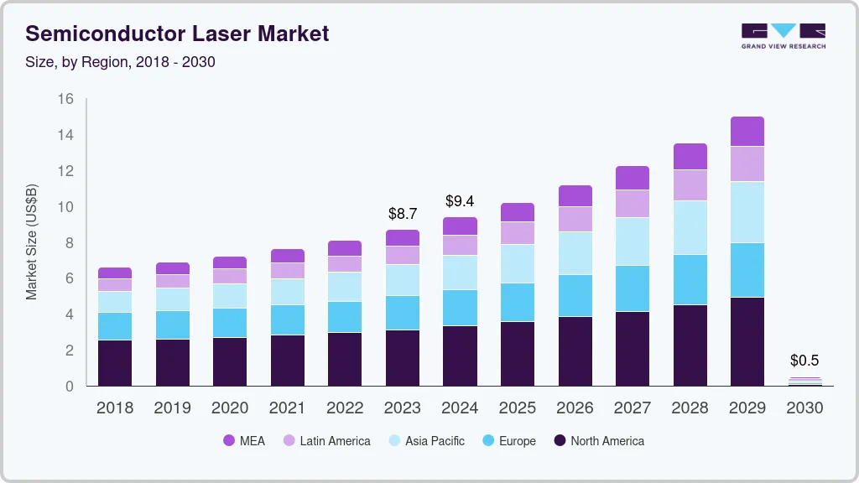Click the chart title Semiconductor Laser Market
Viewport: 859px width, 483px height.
[177, 34]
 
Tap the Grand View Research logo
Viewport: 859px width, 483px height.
[783, 35]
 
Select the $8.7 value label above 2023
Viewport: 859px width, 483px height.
[403, 214]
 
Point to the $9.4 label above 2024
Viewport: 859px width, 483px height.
[460, 201]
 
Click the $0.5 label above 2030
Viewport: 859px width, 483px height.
[804, 361]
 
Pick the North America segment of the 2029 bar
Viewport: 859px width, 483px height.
[747, 341]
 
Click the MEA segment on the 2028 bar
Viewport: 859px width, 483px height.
[690, 156]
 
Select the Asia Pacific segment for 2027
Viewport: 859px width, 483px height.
[632, 241]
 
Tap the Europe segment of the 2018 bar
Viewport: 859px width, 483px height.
[115, 325]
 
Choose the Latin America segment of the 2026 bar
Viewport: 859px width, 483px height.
[575, 219]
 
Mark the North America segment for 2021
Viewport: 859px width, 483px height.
[288, 360]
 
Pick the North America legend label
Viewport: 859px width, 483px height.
[607, 440]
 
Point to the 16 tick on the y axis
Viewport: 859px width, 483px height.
[65, 99]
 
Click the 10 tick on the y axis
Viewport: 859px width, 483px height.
[65, 207]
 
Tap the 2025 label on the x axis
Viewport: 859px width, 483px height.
[518, 408]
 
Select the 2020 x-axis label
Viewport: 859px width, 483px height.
[230, 408]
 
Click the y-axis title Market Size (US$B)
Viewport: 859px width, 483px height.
[32, 242]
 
